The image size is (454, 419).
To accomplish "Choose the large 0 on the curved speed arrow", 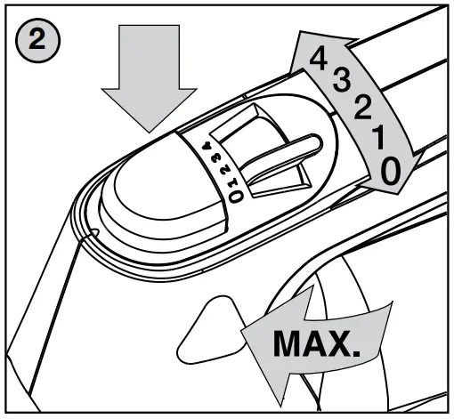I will [x=390, y=170].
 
